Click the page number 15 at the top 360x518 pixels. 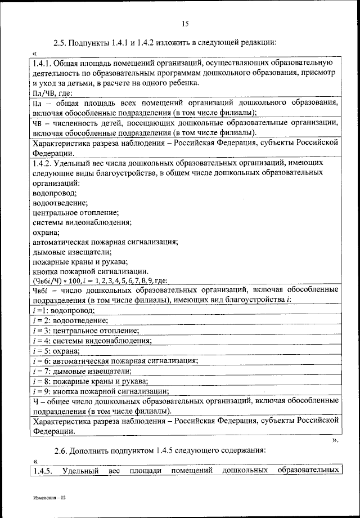[x=185, y=23]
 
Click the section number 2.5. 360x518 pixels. [x=61, y=42]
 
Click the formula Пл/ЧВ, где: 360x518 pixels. [x=53, y=93]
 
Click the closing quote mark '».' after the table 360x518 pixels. [x=336, y=440]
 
